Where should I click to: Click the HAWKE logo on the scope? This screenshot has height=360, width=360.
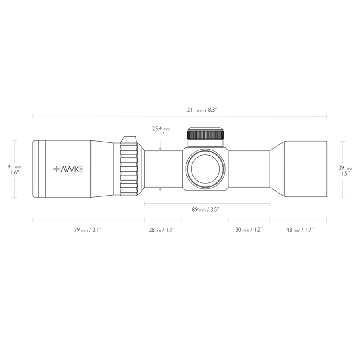[x=68, y=169]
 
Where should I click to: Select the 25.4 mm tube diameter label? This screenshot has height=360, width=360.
[x=161, y=129]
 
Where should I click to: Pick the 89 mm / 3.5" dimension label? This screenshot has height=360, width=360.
[x=207, y=209]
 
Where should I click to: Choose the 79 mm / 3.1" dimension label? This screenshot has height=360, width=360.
[x=88, y=230]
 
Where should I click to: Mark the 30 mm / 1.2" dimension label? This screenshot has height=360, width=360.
[x=249, y=230]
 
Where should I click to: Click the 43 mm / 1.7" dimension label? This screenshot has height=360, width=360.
[x=300, y=230]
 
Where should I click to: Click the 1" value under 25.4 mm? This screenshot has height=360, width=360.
[x=161, y=135]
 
